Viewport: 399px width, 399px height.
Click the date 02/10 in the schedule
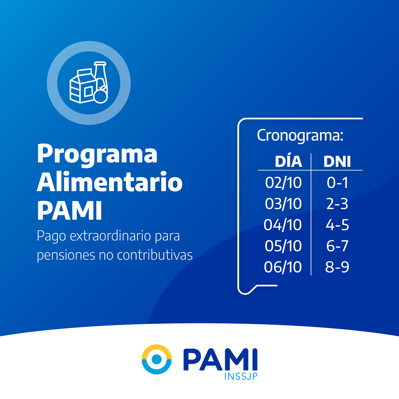(x=283, y=183)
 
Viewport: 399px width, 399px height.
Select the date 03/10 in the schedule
(x=283, y=204)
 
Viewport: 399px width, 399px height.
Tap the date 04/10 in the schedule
(x=283, y=225)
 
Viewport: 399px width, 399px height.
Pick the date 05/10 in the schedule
(x=283, y=246)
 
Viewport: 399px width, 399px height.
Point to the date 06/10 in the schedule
(x=283, y=267)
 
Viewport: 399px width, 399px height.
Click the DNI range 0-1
(x=337, y=183)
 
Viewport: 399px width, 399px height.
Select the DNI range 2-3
(x=337, y=204)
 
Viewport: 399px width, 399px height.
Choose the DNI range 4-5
(x=337, y=225)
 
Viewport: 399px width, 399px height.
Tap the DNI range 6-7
(x=337, y=246)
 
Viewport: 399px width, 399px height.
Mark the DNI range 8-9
(x=337, y=267)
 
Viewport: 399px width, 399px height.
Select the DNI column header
(x=337, y=161)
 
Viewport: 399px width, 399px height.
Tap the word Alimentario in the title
(x=110, y=182)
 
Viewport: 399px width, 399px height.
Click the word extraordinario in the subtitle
(x=110, y=236)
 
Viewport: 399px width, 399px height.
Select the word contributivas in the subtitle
(x=155, y=255)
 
